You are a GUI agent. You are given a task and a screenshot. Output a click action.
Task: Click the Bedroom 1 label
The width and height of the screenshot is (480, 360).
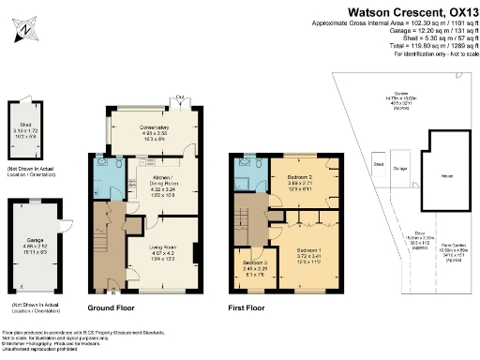pyautogui.click(x=307, y=251)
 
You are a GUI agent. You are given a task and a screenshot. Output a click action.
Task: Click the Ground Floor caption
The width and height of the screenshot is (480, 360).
pyautogui.click(x=111, y=307)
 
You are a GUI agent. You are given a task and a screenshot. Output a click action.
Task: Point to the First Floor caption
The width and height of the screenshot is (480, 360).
pyautogui.click(x=247, y=307)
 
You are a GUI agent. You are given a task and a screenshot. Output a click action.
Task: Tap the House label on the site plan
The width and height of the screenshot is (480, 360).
pyautogui.click(x=436, y=174)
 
